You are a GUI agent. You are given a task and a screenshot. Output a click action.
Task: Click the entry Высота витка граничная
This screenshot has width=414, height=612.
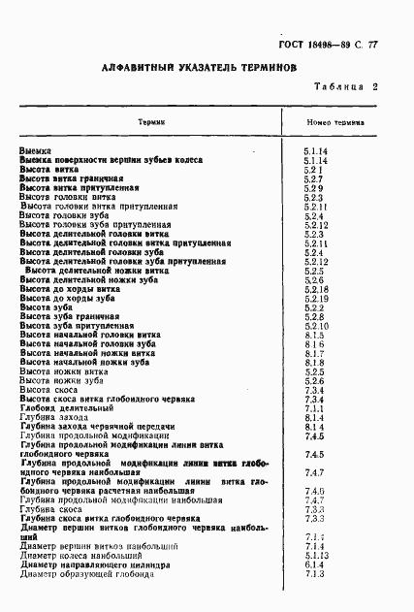(72, 178)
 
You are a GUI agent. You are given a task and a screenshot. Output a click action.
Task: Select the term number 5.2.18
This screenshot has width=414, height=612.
(316, 289)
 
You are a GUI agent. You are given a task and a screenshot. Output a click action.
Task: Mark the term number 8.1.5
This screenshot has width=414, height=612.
(313, 335)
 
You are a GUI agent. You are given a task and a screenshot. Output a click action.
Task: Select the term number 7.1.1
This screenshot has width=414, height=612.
(313, 408)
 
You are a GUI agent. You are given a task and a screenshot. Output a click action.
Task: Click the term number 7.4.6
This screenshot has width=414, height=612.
(313, 491)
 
